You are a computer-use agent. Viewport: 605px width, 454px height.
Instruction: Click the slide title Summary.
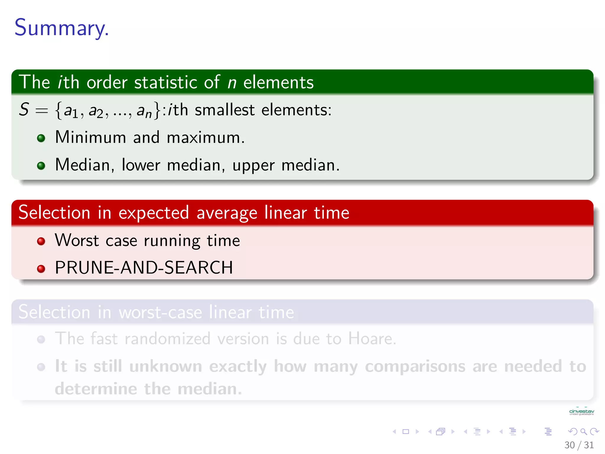[61, 27]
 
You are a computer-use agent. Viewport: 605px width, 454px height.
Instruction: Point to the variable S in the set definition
[24, 109]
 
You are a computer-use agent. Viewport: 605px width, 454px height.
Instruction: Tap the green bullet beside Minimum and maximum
[41, 138]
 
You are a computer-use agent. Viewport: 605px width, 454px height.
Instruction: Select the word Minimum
[90, 137]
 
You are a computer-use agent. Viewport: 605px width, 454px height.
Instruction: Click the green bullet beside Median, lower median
[41, 166]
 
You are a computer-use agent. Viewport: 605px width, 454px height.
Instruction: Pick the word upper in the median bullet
[253, 166]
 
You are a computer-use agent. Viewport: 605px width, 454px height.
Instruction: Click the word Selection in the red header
[54, 213]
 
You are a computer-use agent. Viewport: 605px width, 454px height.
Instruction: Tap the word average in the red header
[227, 213]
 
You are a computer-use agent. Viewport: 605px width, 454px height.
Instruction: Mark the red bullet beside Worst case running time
[41, 241]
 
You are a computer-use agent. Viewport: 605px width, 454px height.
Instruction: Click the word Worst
[77, 240]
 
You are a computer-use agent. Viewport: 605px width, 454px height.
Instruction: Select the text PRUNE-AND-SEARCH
[144, 268]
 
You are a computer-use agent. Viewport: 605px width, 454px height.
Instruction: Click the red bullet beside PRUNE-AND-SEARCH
[41, 269]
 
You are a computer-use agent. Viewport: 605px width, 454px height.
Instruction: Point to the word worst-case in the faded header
[160, 312]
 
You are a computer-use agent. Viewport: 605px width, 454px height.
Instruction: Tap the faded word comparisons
[415, 367]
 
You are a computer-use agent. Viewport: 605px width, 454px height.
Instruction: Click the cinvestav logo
[581, 412]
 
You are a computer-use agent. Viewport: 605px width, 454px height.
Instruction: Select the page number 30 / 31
[579, 445]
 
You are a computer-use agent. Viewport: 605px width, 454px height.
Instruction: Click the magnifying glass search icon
[583, 432]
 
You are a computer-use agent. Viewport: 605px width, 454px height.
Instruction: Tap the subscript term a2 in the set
[96, 111]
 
